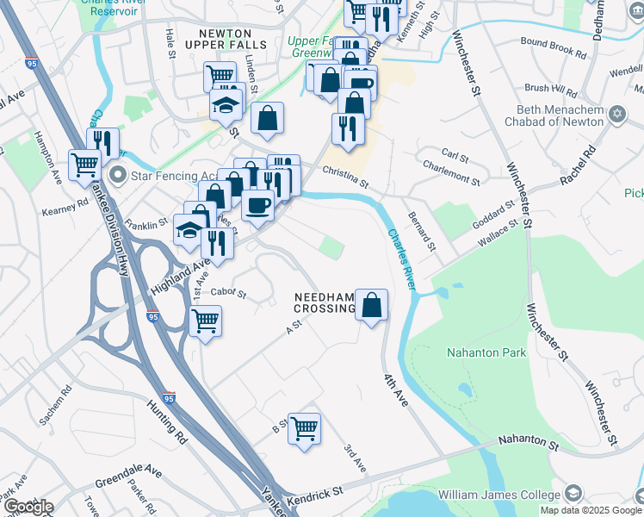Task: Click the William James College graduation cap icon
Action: pos(573,494)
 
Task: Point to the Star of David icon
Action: pos(616,115)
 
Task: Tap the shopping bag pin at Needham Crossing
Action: pos(371,305)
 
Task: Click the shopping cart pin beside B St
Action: pos(304,427)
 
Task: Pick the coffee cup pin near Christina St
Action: pos(257,205)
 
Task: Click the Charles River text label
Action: pos(401,258)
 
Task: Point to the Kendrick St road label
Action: pos(316,490)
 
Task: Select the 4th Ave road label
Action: pos(395,389)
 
